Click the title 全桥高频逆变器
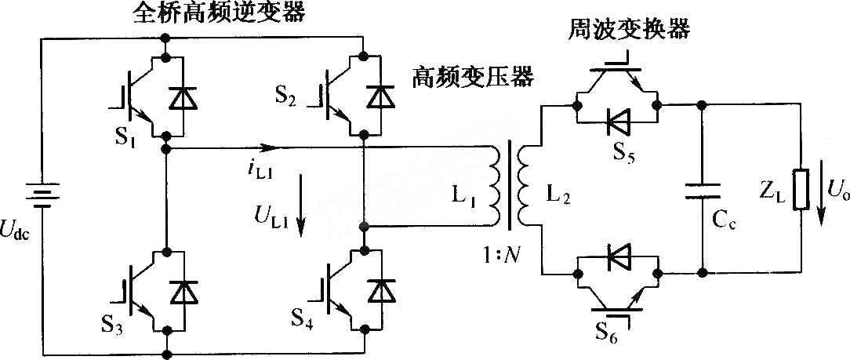pyautogui.click(x=219, y=13)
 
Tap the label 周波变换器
pyautogui.click(x=629, y=29)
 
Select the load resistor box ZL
pyautogui.click(x=801, y=189)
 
